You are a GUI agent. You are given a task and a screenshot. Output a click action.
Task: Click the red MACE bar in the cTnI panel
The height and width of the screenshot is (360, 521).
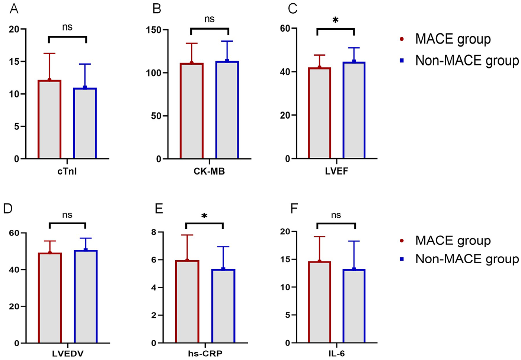[49, 119]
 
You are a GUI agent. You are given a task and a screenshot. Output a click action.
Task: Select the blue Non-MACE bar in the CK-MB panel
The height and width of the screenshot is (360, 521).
[227, 110]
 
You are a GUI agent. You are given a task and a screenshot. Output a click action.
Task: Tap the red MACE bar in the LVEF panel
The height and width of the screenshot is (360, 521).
[319, 113]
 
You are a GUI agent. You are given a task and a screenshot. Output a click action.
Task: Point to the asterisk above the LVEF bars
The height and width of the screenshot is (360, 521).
[335, 20]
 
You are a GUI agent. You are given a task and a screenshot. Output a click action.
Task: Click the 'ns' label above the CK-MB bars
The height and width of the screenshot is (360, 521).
[209, 19]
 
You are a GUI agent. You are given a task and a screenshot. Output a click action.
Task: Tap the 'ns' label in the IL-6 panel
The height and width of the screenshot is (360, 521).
[336, 215]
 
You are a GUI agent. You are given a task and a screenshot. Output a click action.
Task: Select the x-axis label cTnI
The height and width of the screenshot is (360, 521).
[67, 171]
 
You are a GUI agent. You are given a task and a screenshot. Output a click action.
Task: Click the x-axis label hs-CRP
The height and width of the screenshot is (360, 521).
[205, 353]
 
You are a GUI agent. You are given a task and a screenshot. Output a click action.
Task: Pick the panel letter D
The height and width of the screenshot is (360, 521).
[8, 208]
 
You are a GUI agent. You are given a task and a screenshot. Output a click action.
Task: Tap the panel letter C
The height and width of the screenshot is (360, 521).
[293, 9]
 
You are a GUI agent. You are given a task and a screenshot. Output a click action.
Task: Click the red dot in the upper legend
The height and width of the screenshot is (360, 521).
[402, 39]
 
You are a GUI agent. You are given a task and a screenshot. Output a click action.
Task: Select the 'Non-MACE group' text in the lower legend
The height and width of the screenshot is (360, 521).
[467, 259]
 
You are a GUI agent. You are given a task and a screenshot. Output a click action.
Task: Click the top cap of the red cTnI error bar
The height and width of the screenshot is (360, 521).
[49, 54]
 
